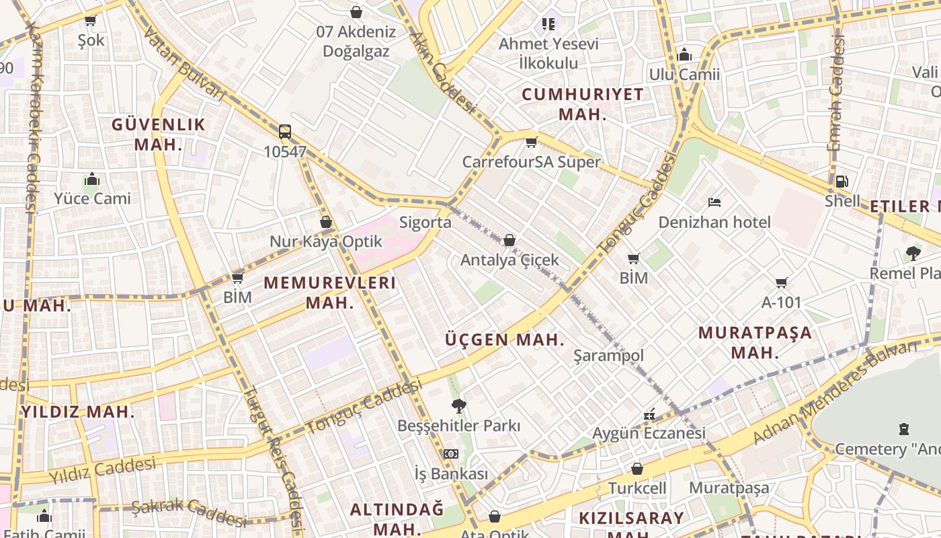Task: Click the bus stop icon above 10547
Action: (x=285, y=131)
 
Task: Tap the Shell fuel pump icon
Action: (x=842, y=181)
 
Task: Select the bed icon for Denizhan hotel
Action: (x=714, y=202)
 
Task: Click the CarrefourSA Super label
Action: (x=531, y=162)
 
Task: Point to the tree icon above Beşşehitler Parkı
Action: (x=459, y=406)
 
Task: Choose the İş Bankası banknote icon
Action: (x=451, y=454)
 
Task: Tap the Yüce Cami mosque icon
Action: (x=93, y=179)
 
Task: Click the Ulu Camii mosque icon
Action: (x=684, y=54)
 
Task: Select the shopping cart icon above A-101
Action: (x=781, y=282)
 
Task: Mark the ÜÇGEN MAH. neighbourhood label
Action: (x=505, y=340)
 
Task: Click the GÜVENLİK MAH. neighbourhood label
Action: (x=158, y=134)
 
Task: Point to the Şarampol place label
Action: (x=608, y=356)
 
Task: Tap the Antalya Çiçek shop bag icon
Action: (x=509, y=240)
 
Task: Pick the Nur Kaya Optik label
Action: (x=325, y=241)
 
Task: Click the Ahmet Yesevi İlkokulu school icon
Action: (x=548, y=24)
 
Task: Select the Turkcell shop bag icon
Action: (x=637, y=469)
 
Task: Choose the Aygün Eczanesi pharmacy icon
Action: (x=649, y=415)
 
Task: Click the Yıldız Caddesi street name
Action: (x=102, y=470)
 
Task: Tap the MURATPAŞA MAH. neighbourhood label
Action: (x=754, y=342)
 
